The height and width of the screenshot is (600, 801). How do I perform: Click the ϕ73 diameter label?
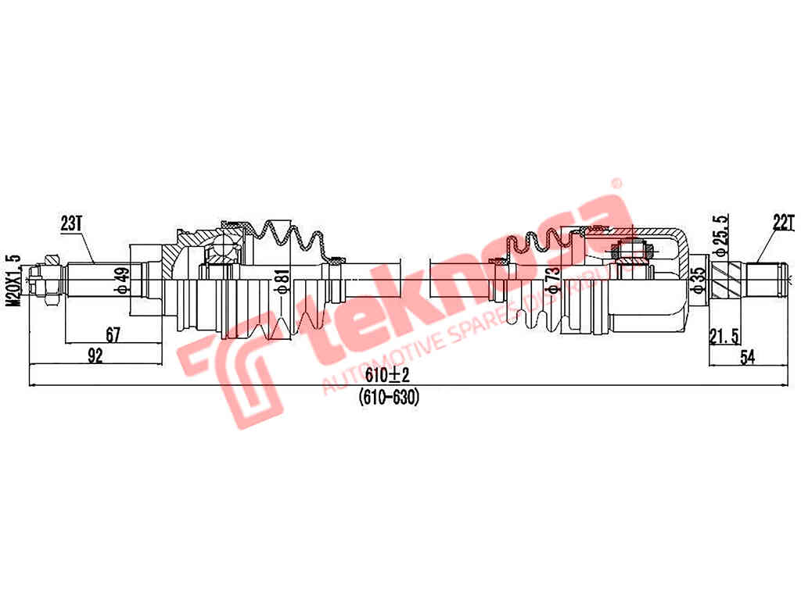553,280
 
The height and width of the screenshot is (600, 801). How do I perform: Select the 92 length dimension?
95,356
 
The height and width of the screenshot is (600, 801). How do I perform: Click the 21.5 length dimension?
724,336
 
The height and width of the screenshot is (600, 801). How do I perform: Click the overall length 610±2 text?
389,377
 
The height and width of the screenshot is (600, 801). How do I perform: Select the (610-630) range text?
389,397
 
